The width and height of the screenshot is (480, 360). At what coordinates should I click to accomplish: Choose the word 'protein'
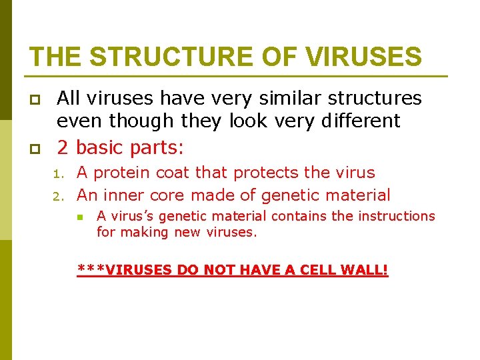[x=122, y=173]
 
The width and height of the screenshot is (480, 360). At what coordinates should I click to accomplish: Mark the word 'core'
[x=171, y=195]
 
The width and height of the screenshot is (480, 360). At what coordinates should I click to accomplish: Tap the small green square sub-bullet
[x=79, y=217]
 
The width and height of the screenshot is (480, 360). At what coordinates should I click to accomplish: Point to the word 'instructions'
[x=395, y=216]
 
